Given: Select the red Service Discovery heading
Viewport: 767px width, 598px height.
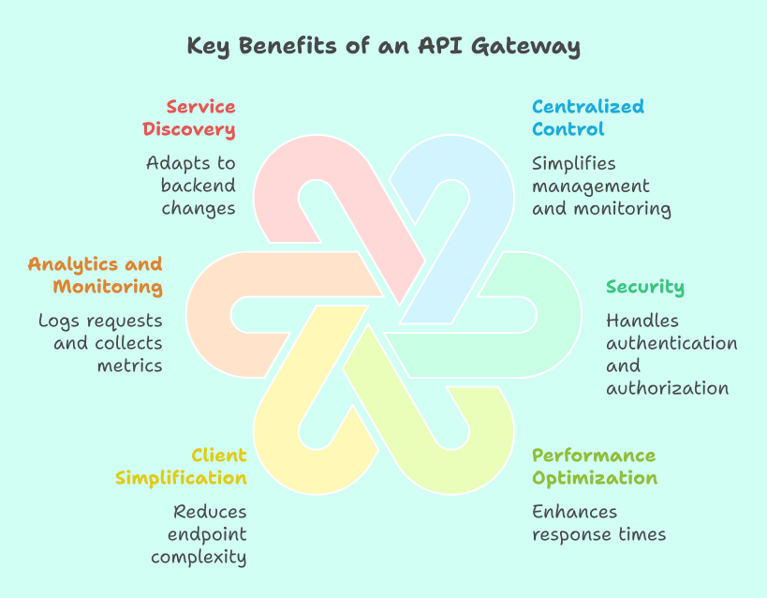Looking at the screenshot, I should coord(200,118).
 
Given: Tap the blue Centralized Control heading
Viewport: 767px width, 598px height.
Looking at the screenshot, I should coord(588,118).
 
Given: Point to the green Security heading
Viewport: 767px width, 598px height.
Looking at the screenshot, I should coord(645,287).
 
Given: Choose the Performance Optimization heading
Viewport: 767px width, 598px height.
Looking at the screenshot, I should coord(595,467).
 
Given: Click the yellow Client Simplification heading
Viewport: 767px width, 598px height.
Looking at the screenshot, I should coord(182,467).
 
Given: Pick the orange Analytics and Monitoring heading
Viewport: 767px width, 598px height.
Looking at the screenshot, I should coord(95,276).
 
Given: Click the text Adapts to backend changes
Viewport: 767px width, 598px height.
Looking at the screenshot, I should coord(190,186).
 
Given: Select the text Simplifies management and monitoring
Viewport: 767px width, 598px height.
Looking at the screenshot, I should coord(601,186).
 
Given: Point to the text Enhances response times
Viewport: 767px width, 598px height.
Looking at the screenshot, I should coord(598,523).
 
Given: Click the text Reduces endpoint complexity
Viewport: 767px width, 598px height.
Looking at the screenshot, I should coord(199,534).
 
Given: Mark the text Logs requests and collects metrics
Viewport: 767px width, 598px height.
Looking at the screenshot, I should coord(101,343).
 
